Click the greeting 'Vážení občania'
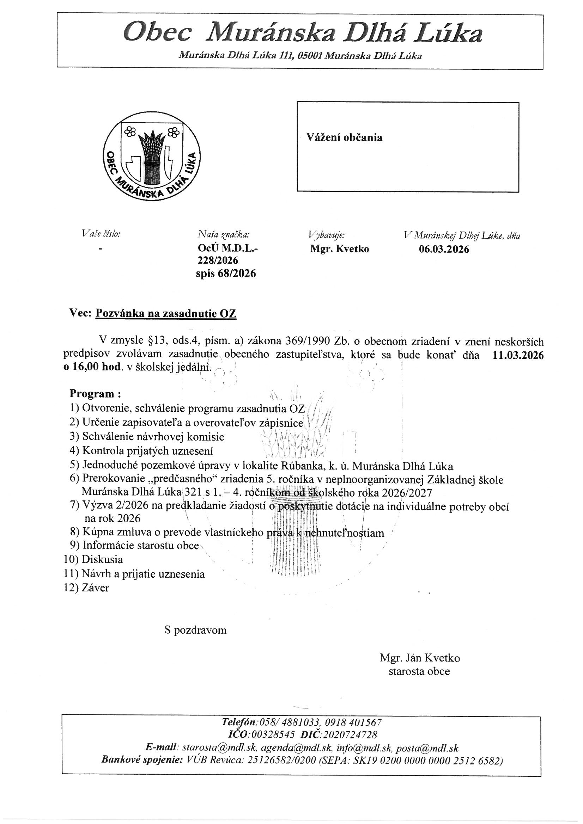(x=344, y=137)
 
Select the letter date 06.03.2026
(x=444, y=249)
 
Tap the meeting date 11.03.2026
(x=518, y=355)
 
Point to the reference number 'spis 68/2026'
(x=226, y=273)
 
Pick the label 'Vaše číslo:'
(x=101, y=234)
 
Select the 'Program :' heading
(x=95, y=394)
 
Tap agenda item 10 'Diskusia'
(x=102, y=559)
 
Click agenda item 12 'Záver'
(x=95, y=588)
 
